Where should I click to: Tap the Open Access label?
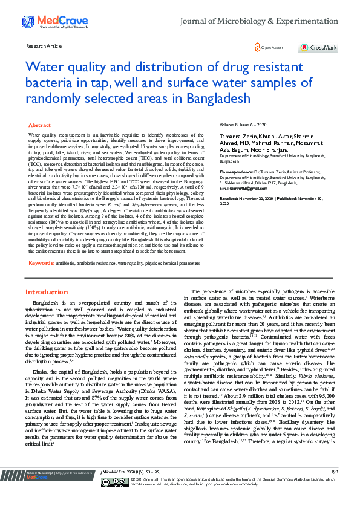272,47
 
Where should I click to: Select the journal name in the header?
260,21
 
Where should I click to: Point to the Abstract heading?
40,125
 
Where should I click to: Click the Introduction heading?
46,292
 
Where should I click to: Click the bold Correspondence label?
239,171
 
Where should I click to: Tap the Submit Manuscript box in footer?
57,489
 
